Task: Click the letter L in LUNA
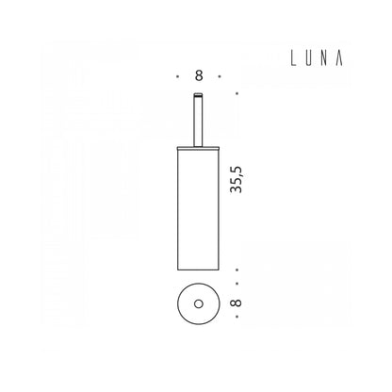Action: (x=293, y=58)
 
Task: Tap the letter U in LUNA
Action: (x=309, y=58)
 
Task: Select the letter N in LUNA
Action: (x=325, y=58)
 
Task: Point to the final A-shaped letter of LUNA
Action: (x=339, y=58)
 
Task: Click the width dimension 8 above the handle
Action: (x=199, y=75)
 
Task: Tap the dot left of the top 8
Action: (x=178, y=76)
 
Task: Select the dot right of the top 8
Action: (x=220, y=76)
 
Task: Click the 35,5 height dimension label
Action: (x=237, y=179)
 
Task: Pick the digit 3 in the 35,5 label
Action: (x=237, y=189)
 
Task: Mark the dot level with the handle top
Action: (x=237, y=93)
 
